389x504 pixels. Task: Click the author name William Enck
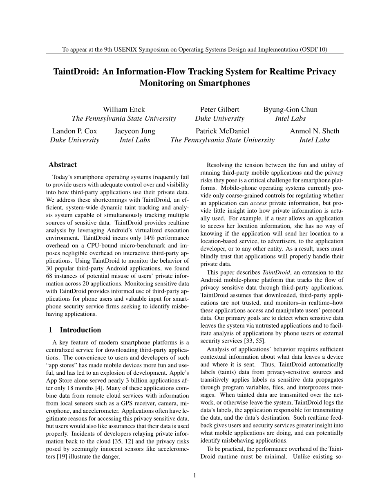tap(124, 109)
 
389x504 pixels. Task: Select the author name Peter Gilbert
tap(219, 109)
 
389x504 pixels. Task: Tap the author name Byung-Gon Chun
tap(290, 109)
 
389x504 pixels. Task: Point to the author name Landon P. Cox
tap(74, 131)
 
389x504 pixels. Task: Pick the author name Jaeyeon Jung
tap(135, 131)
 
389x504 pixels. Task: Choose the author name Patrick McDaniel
tap(222, 131)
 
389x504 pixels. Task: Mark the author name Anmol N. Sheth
tap(315, 131)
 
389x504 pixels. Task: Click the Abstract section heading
tap(63, 164)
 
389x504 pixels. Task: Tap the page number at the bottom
tap(194, 475)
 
